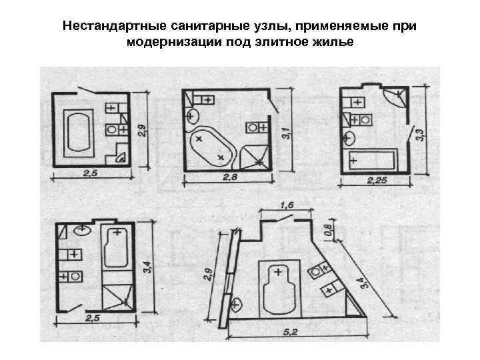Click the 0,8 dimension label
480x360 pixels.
coord(327,231)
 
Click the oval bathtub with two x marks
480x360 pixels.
coord(211,145)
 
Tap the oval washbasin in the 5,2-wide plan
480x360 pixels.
coord(237,305)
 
